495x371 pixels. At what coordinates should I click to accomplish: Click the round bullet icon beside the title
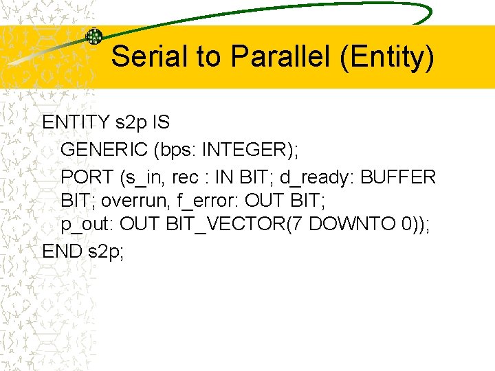93,36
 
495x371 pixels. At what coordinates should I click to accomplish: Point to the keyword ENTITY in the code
76,123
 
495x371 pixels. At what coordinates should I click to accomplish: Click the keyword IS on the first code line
160,123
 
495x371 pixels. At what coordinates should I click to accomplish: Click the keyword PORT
87,177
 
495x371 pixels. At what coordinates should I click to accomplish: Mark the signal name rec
185,177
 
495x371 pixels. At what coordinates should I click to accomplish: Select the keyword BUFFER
398,177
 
